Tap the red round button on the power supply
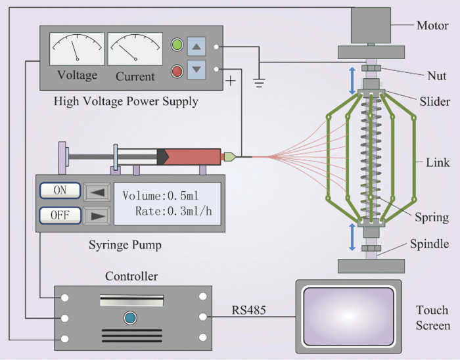177,70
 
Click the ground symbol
260,81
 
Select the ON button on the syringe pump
60,191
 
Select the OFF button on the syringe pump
60,215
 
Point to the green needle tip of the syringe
230,156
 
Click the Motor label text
433,26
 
